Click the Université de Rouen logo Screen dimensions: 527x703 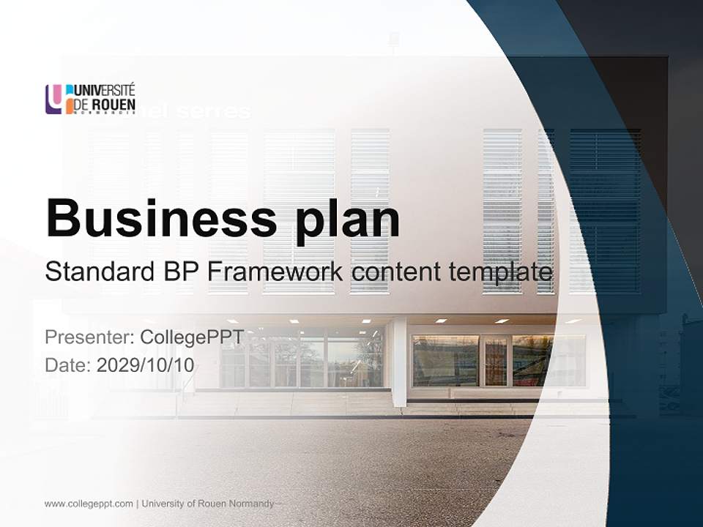pos(90,99)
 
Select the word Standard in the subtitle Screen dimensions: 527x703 pos(98,272)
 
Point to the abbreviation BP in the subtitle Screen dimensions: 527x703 pos(179,272)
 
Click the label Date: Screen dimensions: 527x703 pos(68,365)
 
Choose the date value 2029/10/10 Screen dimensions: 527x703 pos(146,365)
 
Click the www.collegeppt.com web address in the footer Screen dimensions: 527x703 pos(89,504)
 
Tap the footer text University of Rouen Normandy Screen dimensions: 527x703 pos(208,504)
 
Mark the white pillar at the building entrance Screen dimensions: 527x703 pos(399,362)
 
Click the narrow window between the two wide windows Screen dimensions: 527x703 pos(496,361)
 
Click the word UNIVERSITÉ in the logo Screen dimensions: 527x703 pos(105,90)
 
